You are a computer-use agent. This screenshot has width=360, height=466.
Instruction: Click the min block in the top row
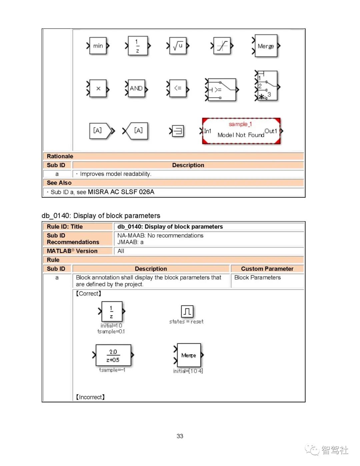[98, 46]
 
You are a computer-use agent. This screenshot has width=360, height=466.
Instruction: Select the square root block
[178, 46]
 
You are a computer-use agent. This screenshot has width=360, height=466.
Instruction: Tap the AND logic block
[136, 88]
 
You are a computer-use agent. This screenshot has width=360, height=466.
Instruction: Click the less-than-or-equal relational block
[178, 88]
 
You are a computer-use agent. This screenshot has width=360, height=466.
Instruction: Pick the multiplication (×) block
[98, 88]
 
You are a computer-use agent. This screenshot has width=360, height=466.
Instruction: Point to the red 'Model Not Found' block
[241, 131]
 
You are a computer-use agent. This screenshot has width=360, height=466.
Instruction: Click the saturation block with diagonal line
[222, 46]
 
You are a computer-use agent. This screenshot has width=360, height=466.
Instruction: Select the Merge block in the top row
[266, 46]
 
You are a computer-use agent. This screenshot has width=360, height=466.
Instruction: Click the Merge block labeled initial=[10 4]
[189, 355]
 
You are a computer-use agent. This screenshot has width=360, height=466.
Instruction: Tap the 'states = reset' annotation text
[186, 322]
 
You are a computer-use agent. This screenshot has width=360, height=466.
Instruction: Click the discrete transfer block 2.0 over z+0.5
[113, 356]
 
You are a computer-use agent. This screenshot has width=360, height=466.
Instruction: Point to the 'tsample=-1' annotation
[112, 370]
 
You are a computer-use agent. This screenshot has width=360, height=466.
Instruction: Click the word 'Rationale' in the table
[60, 156]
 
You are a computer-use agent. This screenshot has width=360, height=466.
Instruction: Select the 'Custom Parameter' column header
[267, 269]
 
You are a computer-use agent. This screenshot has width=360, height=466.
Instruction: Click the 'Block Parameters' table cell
[257, 278]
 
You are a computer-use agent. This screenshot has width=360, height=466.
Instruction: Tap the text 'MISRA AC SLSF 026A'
[121, 192]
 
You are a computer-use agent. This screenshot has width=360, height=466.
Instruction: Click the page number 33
[180, 436]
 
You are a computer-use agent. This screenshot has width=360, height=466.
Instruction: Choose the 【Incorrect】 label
[90, 397]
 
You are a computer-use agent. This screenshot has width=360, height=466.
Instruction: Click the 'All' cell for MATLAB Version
[121, 251]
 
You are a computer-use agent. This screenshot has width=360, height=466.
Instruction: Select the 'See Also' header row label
[59, 183]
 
